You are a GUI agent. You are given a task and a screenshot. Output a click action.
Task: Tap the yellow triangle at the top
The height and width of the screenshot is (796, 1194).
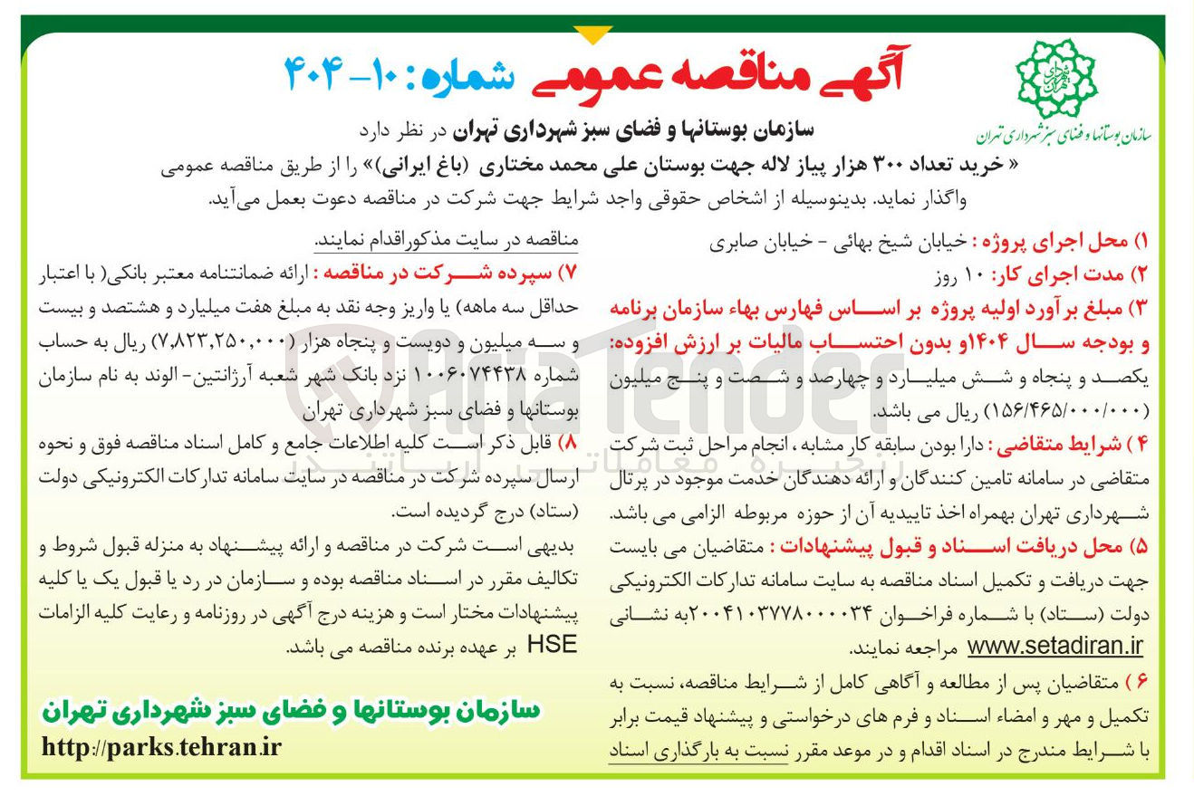(594, 34)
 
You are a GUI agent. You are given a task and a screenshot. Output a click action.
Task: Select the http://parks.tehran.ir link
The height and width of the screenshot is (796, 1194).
(162, 749)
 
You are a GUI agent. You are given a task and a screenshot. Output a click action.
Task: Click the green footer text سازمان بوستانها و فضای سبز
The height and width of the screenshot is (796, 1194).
(289, 712)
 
